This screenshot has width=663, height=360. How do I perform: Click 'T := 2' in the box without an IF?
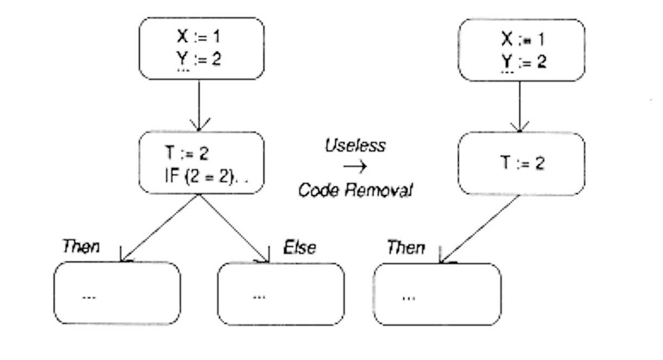pos(522,164)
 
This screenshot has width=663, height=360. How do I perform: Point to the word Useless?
pos(355,145)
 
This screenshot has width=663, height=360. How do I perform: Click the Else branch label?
pos(299,247)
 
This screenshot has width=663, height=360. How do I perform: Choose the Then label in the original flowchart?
pos(81,246)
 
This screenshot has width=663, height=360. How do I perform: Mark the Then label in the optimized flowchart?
pos(405,248)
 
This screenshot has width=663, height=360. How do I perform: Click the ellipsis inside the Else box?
pos(259,296)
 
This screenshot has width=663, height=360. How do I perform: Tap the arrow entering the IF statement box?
pos(199,106)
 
